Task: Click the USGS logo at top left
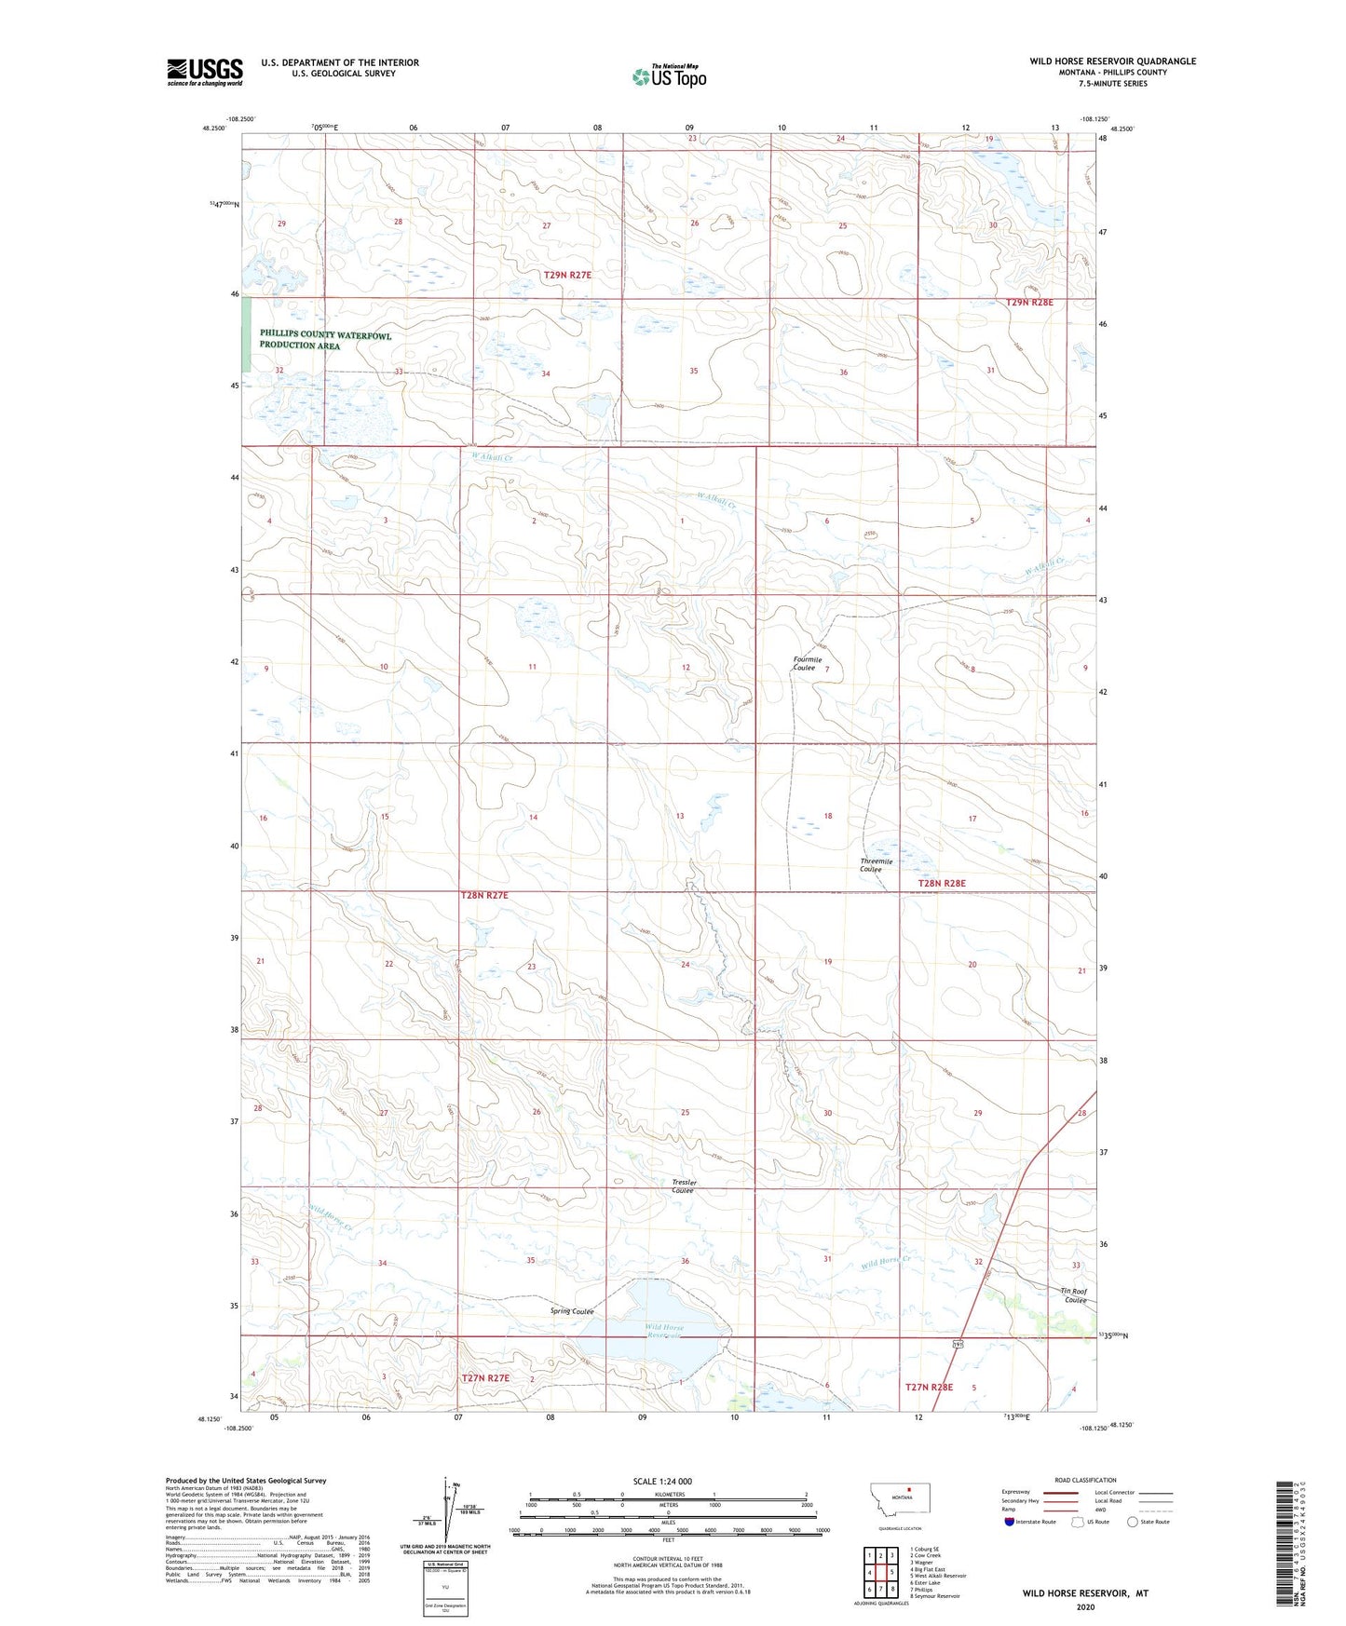204,71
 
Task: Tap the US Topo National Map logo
668,76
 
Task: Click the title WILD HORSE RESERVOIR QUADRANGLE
1112,61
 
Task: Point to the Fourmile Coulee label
805,663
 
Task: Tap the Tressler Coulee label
683,1186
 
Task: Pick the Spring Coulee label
571,1311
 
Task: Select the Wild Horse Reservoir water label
665,1331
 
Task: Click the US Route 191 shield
958,1344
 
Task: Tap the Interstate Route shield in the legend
1011,1522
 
